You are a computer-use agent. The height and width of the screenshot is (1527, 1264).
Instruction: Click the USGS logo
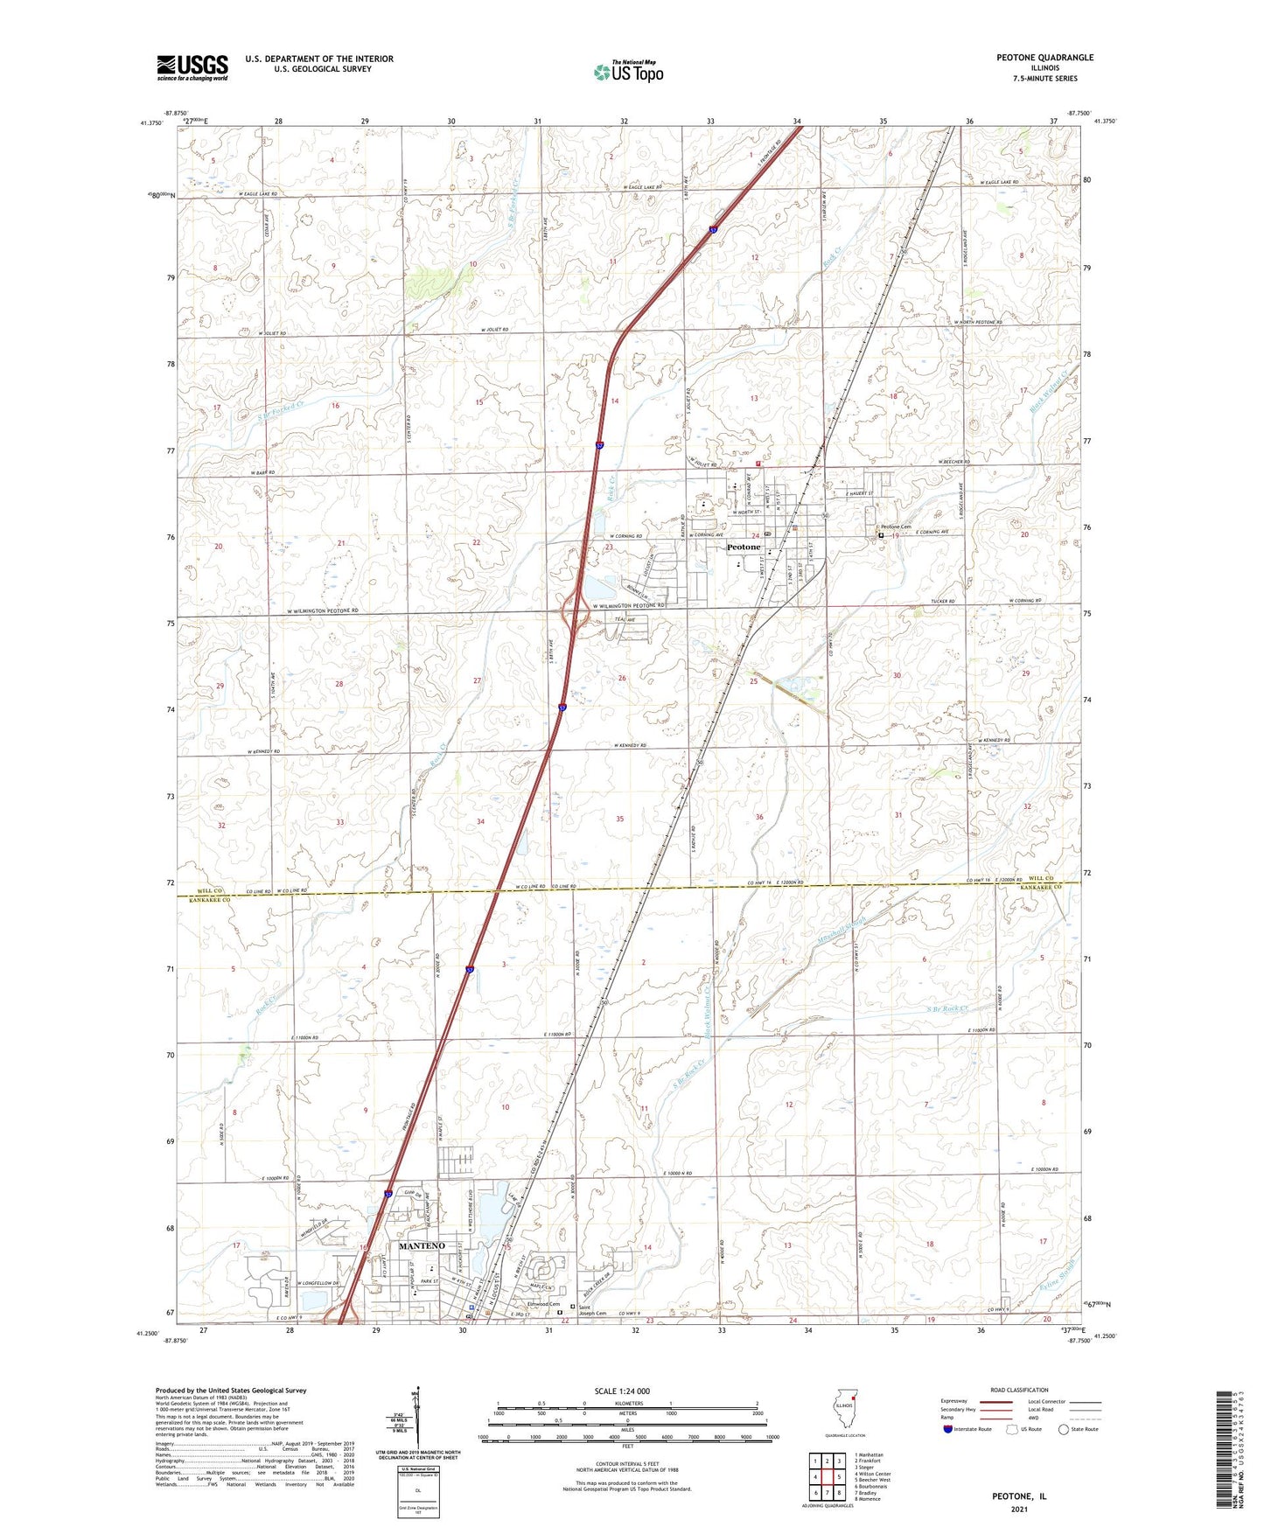pyautogui.click(x=192, y=66)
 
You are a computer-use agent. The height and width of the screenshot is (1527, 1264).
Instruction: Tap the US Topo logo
pyautogui.click(x=628, y=72)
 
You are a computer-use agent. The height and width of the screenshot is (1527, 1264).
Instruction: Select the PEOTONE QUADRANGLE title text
pyautogui.click(x=1044, y=58)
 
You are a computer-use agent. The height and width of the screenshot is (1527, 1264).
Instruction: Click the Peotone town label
pyautogui.click(x=744, y=547)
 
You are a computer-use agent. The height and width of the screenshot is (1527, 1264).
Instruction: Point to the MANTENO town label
pyautogui.click(x=422, y=1245)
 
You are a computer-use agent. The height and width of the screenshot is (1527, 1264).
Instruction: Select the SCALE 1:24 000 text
pyautogui.click(x=622, y=1391)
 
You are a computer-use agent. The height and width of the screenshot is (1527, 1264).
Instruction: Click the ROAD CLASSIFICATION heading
pyautogui.click(x=1018, y=1390)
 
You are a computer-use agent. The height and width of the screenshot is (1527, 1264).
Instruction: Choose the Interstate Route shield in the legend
pyautogui.click(x=948, y=1429)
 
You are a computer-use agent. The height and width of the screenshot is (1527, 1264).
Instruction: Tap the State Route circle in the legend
pyautogui.click(x=1064, y=1429)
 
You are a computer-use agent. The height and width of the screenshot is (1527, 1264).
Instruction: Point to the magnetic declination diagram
pyautogui.click(x=417, y=1421)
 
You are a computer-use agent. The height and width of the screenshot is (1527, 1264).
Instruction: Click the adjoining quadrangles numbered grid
pyautogui.click(x=826, y=1479)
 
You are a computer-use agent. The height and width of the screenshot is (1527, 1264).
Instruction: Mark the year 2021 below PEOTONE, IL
pyautogui.click(x=1018, y=1510)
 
